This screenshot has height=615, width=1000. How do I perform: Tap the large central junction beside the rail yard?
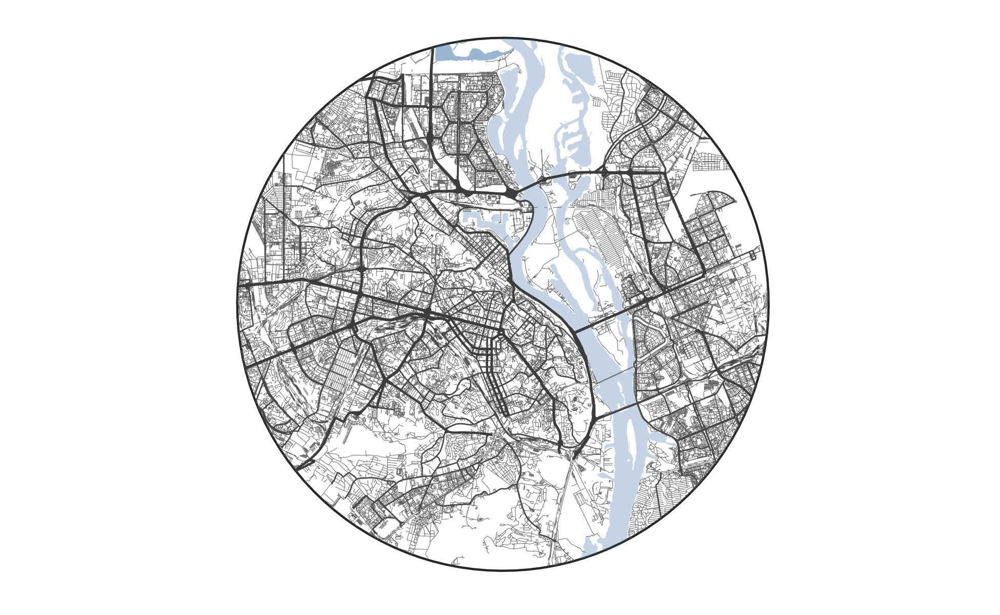pyautogui.click(x=427, y=312)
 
